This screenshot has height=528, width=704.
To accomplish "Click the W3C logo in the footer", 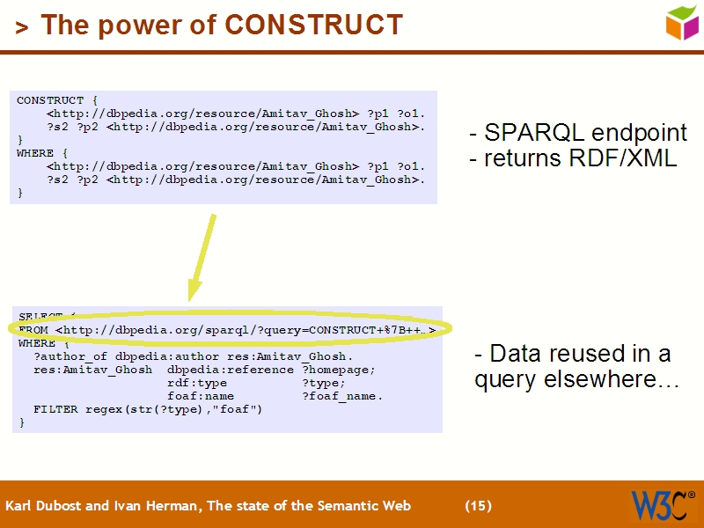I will (x=662, y=505).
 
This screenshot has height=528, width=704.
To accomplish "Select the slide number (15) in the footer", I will (x=478, y=506).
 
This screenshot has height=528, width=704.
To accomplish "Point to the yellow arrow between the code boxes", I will (x=202, y=255).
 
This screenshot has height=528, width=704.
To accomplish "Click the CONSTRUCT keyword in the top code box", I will (x=50, y=100).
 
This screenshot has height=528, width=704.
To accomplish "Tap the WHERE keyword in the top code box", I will (x=35, y=153).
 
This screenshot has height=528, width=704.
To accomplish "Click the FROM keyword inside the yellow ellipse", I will (x=33, y=330).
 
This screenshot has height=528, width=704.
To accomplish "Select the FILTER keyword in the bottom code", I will (x=55, y=409).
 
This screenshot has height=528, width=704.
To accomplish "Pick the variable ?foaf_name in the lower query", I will (x=342, y=396).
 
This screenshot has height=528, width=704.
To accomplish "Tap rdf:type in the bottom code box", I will (x=197, y=383).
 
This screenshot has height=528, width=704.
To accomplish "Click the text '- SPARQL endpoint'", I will (x=578, y=134).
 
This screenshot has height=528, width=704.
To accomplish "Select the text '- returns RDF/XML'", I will (x=573, y=159).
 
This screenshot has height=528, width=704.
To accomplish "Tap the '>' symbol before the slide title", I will (x=21, y=27).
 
